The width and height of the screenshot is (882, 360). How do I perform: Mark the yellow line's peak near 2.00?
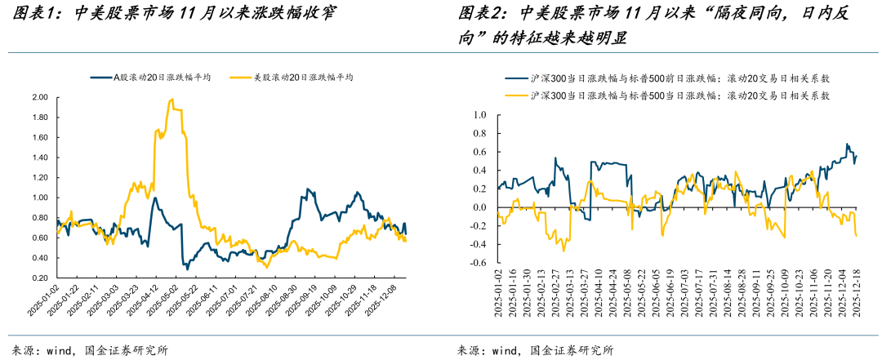coord(171,100)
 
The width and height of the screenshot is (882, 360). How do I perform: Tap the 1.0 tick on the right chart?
coord(480,115)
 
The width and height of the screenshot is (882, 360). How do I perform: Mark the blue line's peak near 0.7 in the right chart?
coord(848,144)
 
